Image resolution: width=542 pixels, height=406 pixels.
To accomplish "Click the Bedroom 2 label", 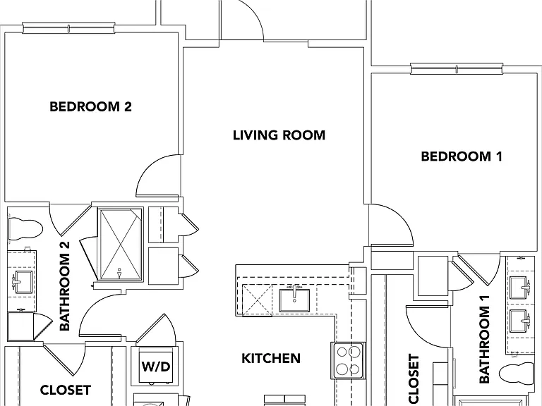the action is [x=90, y=106].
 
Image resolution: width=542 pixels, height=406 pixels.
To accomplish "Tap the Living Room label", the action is [x=279, y=135].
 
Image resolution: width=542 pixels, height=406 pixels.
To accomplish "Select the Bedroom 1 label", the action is [x=462, y=156].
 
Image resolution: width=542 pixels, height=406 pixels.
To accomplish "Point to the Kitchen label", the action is [x=271, y=358].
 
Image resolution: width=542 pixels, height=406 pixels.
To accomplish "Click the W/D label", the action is [x=156, y=367].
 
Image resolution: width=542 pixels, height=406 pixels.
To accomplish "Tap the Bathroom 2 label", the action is [x=65, y=286].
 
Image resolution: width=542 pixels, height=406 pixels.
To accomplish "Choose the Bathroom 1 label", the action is [x=484, y=339].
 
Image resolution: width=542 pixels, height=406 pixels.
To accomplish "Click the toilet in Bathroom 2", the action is [x=25, y=228].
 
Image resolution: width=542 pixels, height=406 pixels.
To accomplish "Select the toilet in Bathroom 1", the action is [x=517, y=373].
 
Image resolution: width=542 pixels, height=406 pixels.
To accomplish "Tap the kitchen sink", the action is [x=294, y=300].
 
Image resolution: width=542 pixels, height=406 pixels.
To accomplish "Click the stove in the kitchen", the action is [x=349, y=360].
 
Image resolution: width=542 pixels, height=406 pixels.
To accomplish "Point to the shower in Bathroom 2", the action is [x=120, y=245].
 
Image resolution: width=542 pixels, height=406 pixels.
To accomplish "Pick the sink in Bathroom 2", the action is [x=23, y=282].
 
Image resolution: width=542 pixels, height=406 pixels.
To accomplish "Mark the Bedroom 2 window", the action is [x=68, y=28].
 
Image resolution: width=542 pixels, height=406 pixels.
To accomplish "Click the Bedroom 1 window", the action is [x=457, y=68].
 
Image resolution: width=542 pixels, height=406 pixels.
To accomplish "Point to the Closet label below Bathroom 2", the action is [x=66, y=390].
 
